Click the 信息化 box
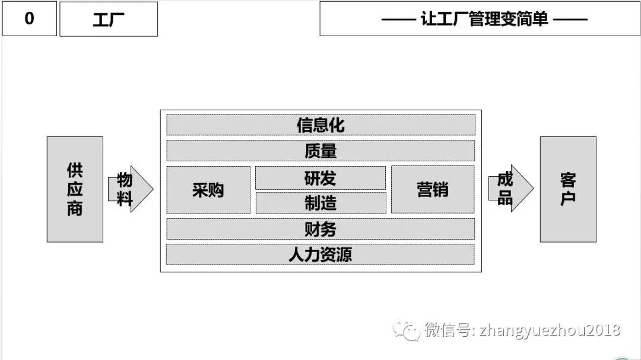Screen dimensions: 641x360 321,125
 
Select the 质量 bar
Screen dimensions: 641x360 321,151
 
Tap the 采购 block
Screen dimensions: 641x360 208,190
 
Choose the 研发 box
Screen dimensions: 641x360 320,178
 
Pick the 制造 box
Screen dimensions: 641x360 321,203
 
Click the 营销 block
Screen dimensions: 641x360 433,190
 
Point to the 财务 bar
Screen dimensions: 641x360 320,229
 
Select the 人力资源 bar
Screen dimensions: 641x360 320,254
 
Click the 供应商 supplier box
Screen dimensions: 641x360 75,189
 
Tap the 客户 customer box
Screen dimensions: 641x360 568,189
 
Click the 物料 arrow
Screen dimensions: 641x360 131,189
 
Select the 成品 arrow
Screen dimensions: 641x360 511,189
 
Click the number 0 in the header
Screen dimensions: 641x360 30,18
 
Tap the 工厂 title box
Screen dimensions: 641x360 109,19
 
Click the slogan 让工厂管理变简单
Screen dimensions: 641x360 484,19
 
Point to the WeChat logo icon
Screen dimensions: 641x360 406,330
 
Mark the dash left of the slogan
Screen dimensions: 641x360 399,19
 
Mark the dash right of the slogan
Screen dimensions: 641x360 571,19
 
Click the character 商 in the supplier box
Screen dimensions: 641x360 75,208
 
